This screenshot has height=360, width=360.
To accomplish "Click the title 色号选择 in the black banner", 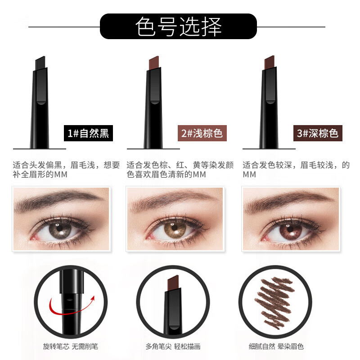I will coord(179,27).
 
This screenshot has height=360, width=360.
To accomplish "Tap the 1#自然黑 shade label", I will coord(86,134).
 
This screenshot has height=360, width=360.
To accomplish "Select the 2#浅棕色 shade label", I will coord(202,134).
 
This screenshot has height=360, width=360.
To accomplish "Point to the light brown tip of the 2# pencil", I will coord(154,63).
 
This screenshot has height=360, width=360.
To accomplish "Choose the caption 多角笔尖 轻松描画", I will coord(173,346).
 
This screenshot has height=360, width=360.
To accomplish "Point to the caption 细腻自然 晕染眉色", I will coord(276,346).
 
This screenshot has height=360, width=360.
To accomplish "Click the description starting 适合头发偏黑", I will coord(66,170).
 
